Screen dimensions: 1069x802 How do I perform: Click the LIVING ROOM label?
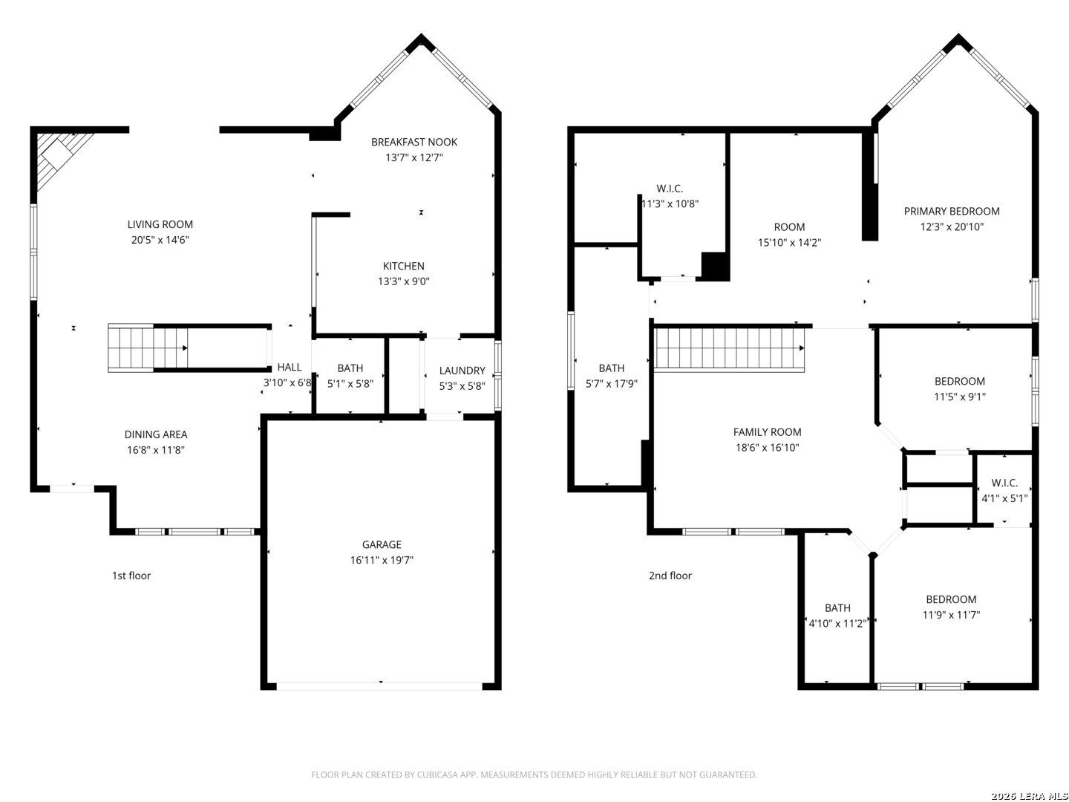point(160,224)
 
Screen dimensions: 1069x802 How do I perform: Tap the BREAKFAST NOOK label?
point(414,142)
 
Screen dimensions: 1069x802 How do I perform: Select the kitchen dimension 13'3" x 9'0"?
point(403,281)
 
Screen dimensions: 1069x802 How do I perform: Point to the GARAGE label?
point(382,544)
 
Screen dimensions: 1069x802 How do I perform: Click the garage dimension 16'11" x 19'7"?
point(382,560)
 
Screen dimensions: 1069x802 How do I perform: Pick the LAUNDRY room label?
point(462,371)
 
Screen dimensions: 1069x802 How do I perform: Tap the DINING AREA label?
point(156,434)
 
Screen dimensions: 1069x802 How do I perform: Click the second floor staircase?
point(728,349)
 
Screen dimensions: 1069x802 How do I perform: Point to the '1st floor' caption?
point(131,576)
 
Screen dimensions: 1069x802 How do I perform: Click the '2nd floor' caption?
point(670,576)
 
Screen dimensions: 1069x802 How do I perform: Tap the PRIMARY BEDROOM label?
point(952,212)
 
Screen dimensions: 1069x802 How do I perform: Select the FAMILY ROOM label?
point(767,432)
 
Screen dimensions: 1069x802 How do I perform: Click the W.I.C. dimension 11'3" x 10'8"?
point(670,203)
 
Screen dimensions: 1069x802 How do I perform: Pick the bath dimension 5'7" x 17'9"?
point(611,383)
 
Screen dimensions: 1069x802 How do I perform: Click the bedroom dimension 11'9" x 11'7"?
point(951,615)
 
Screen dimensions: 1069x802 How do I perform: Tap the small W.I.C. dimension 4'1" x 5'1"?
point(1004,498)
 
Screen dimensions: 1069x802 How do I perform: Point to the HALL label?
point(290,367)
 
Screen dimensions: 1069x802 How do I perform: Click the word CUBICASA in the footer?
point(437,775)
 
